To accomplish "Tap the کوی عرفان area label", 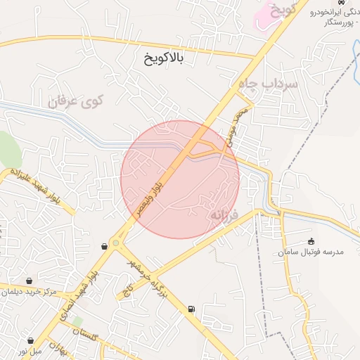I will pyautogui.click(x=75, y=101).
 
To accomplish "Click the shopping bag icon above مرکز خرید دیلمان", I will pyautogui.click(x=30, y=281).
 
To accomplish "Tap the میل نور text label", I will pyautogui.click(x=30, y=349).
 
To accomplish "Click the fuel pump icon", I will pyautogui.click(x=191, y=309).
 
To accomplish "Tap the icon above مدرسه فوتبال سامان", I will pyautogui.click(x=311, y=241).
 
